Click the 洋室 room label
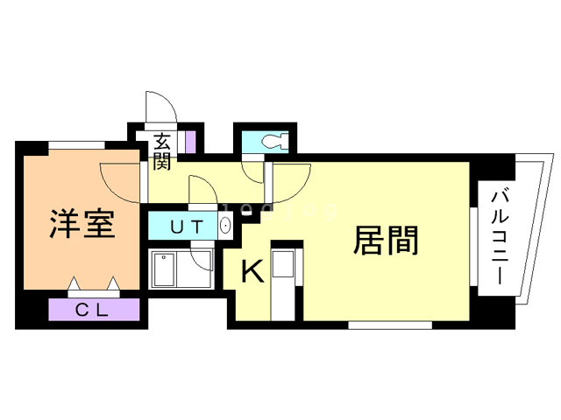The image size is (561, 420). [x=81, y=226]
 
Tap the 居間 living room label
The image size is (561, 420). [x=385, y=240]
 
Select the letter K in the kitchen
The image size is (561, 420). [x=252, y=273]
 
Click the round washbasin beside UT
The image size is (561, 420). [x=225, y=227]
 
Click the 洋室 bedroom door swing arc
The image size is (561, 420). [x=118, y=182]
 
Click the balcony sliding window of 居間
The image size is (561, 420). [x=472, y=235]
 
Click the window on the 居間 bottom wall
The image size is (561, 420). [x=389, y=325]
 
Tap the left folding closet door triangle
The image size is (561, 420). [x=75, y=283]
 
